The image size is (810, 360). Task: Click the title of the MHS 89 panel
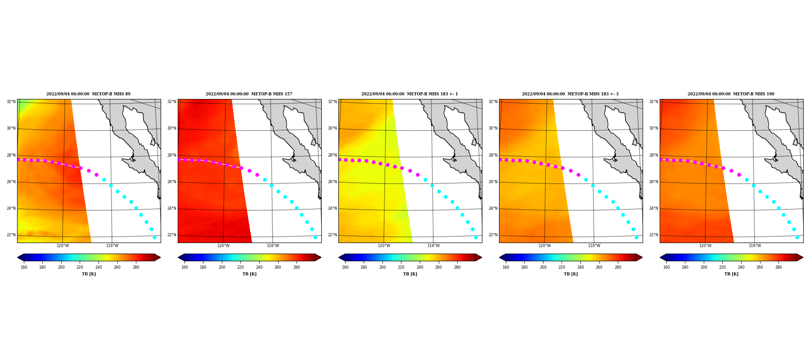point(88,94)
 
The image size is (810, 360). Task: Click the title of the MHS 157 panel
point(249,94)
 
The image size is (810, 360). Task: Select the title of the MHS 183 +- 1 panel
point(409,94)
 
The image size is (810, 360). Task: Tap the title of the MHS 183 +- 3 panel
point(570,94)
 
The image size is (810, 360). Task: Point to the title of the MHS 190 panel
point(731,94)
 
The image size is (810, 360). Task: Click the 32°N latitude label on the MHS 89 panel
point(11,102)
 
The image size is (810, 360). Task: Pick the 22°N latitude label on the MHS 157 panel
point(171,235)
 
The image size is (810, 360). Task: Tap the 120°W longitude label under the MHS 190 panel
point(705,246)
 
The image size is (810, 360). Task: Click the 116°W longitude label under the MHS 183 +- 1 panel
point(433,246)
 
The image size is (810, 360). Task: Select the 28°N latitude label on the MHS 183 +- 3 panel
point(493,155)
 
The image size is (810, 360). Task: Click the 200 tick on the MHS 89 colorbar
point(61,267)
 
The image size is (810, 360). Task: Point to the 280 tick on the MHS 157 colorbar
point(297,267)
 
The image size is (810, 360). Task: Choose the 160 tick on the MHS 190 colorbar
point(666,267)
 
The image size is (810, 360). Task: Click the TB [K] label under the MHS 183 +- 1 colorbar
point(410,274)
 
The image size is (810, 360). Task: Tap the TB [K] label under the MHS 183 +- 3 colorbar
point(571,274)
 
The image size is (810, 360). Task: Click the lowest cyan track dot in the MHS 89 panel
point(154,237)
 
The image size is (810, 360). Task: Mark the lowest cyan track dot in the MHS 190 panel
point(797,237)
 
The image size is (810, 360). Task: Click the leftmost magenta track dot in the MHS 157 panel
point(179,159)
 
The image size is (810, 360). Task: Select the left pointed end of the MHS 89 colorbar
point(18,257)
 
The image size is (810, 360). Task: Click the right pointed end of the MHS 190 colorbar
point(803,257)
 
